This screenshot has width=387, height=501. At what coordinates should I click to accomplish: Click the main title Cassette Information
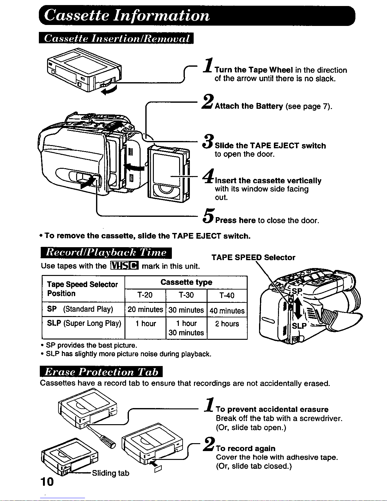pyautogui.click(x=126, y=15)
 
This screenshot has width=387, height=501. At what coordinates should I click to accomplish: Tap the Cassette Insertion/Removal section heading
pyautogui.click(x=116, y=38)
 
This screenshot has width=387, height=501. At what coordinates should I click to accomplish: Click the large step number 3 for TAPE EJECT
pyautogui.click(x=208, y=141)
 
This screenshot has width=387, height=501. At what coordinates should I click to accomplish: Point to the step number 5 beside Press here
pyautogui.click(x=209, y=216)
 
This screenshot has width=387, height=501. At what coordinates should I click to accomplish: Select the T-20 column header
pyautogui.click(x=145, y=295)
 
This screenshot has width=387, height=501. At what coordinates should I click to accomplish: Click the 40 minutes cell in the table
pyautogui.click(x=227, y=310)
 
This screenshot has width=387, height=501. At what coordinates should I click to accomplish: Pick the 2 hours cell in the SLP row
pyautogui.click(x=227, y=324)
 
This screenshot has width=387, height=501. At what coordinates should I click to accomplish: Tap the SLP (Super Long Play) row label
pyautogui.click(x=84, y=323)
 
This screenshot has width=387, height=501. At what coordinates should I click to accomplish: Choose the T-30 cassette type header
pyautogui.click(x=186, y=295)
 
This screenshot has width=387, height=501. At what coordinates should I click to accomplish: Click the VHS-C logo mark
pyautogui.click(x=124, y=266)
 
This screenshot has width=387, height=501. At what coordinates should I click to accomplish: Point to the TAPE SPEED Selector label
pyautogui.click(x=253, y=257)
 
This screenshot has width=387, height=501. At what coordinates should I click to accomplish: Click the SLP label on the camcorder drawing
pyautogui.click(x=299, y=326)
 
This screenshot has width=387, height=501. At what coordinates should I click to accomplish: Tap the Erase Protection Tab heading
pyautogui.click(x=101, y=372)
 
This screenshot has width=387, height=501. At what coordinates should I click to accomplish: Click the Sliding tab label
pyautogui.click(x=111, y=473)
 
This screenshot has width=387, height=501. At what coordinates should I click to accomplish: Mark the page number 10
pyautogui.click(x=47, y=481)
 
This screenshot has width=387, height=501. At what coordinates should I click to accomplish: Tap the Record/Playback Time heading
pyautogui.click(x=106, y=253)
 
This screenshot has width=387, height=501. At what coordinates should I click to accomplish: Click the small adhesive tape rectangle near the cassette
pyautogui.click(x=158, y=468)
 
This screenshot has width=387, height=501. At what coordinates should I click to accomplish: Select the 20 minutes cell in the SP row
pyautogui.click(x=145, y=310)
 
